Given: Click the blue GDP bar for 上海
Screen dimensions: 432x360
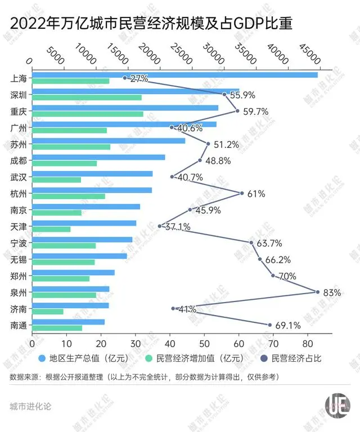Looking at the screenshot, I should coord(174,75).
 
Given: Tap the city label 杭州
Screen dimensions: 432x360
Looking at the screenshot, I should coord(19,193).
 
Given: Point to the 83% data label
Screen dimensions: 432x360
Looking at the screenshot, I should coord(333,292).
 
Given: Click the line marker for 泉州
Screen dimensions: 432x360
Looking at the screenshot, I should coord(318,292).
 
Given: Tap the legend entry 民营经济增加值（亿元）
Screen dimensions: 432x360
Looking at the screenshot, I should coord(195,358).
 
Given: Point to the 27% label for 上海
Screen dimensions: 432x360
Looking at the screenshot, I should coord(139,78).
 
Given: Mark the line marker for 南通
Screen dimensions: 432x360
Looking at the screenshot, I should coord(269,325).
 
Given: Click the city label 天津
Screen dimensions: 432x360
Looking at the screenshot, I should coord(19,226).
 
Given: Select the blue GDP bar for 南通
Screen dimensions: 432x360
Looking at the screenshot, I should coord(68,322).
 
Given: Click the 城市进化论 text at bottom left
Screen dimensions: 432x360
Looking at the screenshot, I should coord(30,406).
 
